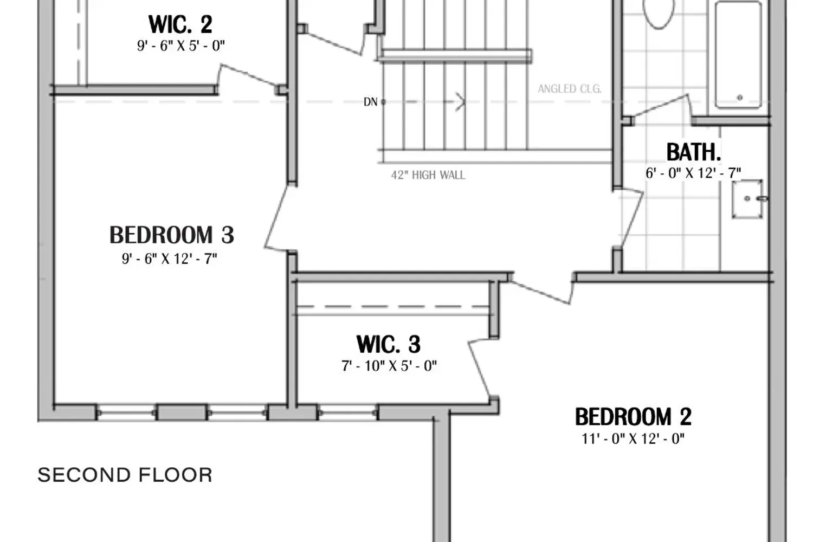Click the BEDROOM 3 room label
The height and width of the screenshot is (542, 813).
[172, 235]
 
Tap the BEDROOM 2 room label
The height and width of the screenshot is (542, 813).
[633, 417]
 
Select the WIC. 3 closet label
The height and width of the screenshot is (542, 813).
[389, 344]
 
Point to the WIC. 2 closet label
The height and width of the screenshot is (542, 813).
[180, 24]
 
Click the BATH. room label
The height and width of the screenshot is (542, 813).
[693, 152]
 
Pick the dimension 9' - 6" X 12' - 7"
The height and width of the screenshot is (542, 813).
[170, 259]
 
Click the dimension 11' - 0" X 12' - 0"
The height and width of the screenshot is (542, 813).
[633, 438]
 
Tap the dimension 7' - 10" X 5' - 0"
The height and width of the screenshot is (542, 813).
[389, 366]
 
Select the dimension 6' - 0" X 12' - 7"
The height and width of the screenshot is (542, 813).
[693, 173]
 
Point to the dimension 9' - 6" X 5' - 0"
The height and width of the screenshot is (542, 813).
[180, 46]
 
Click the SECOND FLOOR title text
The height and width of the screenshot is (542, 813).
[125, 475]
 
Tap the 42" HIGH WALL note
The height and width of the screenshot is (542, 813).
[428, 175]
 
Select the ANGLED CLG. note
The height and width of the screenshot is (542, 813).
[570, 89]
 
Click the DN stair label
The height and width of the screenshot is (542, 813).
[370, 102]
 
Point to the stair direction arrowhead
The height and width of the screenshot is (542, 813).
[460, 101]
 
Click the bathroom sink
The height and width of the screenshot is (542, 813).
[747, 199]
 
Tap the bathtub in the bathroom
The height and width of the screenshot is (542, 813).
[739, 54]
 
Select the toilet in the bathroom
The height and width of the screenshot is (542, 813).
[658, 12]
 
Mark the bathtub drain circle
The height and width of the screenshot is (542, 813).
[740, 98]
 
